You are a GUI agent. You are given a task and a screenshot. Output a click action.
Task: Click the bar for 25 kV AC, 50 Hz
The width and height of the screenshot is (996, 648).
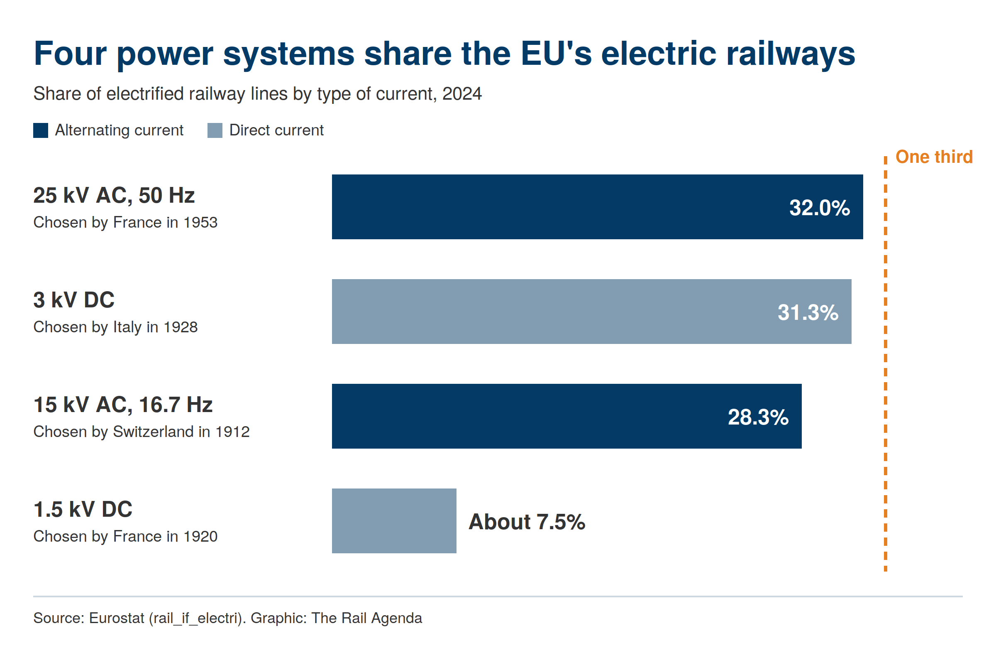click(x=597, y=207)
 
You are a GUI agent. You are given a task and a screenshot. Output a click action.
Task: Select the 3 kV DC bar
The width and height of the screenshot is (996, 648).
click(x=591, y=312)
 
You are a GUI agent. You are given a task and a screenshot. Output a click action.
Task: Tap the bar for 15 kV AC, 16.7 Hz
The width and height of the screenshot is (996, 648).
click(x=566, y=416)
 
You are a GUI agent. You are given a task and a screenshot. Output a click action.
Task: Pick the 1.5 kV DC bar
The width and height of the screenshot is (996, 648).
click(x=394, y=521)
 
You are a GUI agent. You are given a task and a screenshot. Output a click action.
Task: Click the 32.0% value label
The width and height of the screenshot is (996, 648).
click(x=819, y=208)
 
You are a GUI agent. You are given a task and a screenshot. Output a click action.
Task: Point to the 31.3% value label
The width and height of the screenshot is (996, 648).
click(x=808, y=312)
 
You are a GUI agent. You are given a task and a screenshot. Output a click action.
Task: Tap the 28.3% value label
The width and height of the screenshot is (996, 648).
click(x=758, y=417)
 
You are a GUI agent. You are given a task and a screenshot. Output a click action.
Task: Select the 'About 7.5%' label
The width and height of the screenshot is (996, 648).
click(x=527, y=522)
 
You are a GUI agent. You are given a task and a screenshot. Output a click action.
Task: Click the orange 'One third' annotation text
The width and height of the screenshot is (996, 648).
click(x=934, y=157)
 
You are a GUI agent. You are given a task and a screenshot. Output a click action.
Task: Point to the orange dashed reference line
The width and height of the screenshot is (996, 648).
click(x=885, y=363)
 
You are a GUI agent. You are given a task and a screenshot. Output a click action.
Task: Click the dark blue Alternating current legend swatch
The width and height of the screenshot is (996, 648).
click(x=41, y=130)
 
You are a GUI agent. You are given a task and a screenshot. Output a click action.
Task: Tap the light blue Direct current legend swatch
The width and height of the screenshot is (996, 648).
click(x=215, y=130)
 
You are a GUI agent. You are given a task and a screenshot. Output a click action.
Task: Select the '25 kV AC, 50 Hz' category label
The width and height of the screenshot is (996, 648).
click(x=114, y=195)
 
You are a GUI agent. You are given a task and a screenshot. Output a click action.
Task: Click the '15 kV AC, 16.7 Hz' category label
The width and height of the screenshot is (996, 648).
click(x=123, y=405)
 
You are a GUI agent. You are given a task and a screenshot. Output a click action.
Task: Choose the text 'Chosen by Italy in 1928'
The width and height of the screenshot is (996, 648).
click(x=115, y=327)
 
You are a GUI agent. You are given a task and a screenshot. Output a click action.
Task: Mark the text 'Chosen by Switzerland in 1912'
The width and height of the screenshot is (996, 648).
click(x=142, y=432)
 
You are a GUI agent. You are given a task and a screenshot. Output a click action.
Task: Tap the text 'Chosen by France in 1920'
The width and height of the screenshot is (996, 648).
click(x=126, y=537)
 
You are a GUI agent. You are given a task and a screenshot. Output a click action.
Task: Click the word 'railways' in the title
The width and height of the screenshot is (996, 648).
click(x=791, y=54)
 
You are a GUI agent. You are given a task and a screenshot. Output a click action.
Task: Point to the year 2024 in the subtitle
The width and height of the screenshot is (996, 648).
click(x=462, y=94)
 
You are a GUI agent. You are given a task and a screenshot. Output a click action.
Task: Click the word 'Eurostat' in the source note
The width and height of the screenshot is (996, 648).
click(x=116, y=618)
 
